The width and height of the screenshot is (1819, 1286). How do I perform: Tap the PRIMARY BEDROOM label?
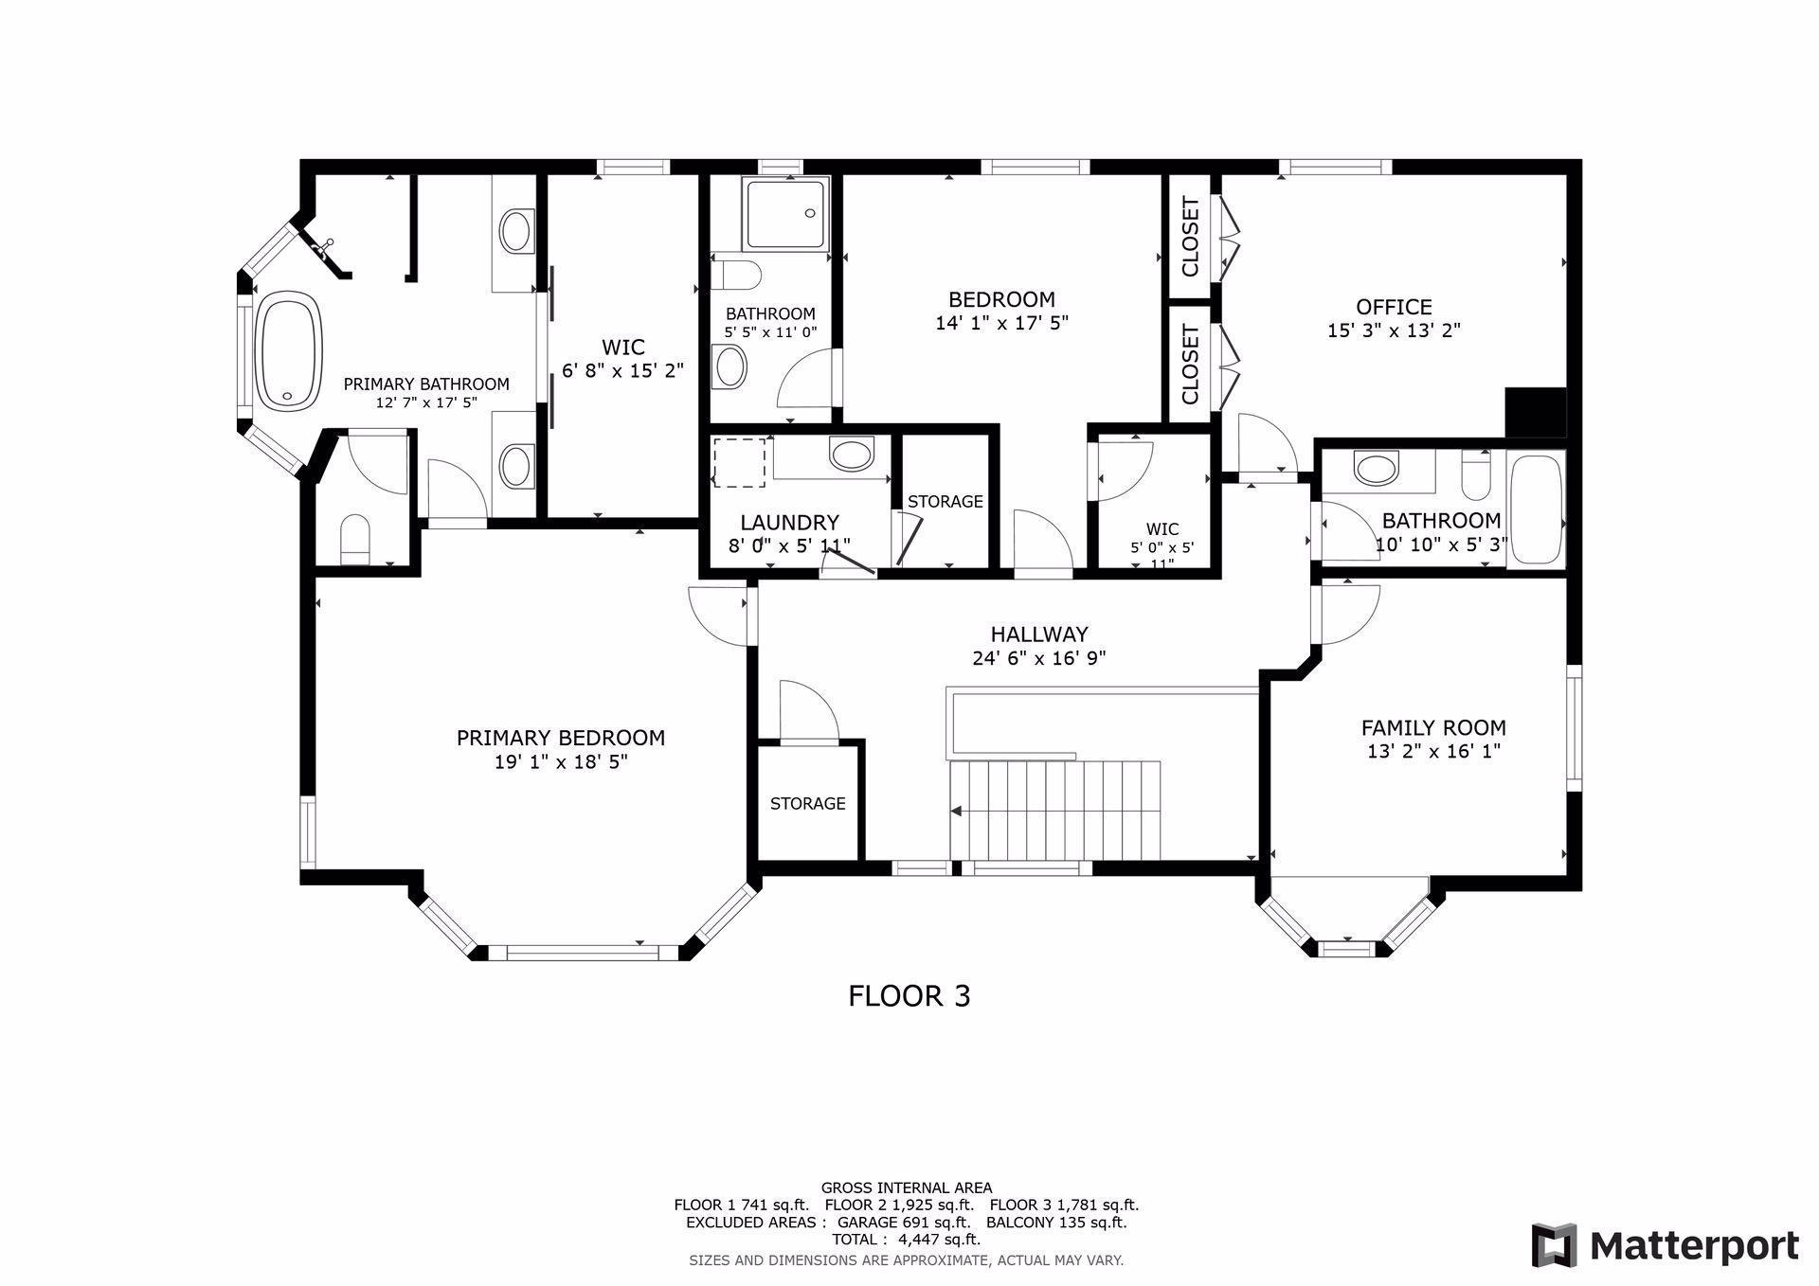click(561, 738)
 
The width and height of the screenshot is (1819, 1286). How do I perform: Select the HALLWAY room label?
click(1039, 634)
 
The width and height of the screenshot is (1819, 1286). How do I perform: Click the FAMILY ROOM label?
click(1433, 727)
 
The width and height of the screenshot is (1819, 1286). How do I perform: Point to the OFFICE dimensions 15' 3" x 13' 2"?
click(1394, 330)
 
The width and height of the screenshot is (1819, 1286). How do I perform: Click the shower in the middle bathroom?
click(785, 214)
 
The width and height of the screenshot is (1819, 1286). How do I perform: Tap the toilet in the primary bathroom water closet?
click(356, 539)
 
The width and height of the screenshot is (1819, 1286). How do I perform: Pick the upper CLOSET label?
click(1191, 237)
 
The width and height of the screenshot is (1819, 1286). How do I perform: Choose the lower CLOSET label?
click(1191, 365)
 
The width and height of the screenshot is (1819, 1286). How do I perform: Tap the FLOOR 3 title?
click(909, 995)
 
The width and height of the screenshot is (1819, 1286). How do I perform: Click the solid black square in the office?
click(1536, 413)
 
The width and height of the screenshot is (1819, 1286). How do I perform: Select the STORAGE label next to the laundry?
click(946, 501)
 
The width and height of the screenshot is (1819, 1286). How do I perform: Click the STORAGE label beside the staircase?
click(808, 803)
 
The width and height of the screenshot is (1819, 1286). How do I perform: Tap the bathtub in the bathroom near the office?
click(1536, 509)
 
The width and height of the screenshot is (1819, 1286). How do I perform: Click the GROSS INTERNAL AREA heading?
click(907, 1188)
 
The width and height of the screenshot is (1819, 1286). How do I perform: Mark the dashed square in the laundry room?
click(739, 463)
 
